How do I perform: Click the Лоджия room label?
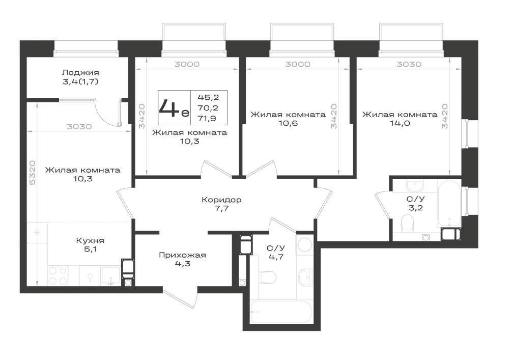pos(80,73)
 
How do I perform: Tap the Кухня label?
pos(90,240)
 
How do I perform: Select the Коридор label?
pos(221,200)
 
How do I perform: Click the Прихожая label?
pos(182,255)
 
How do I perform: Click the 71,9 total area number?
pos(208,118)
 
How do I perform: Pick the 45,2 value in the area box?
pos(208,97)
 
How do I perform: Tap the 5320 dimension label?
pos(33,173)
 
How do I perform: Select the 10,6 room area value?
pos(288,123)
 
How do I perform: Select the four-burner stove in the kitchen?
pos(58,275)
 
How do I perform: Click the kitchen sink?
pos(110,275)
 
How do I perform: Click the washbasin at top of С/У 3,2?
pos(415,186)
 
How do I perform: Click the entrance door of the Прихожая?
pos(181,299)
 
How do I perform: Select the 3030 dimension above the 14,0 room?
pos(409,64)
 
